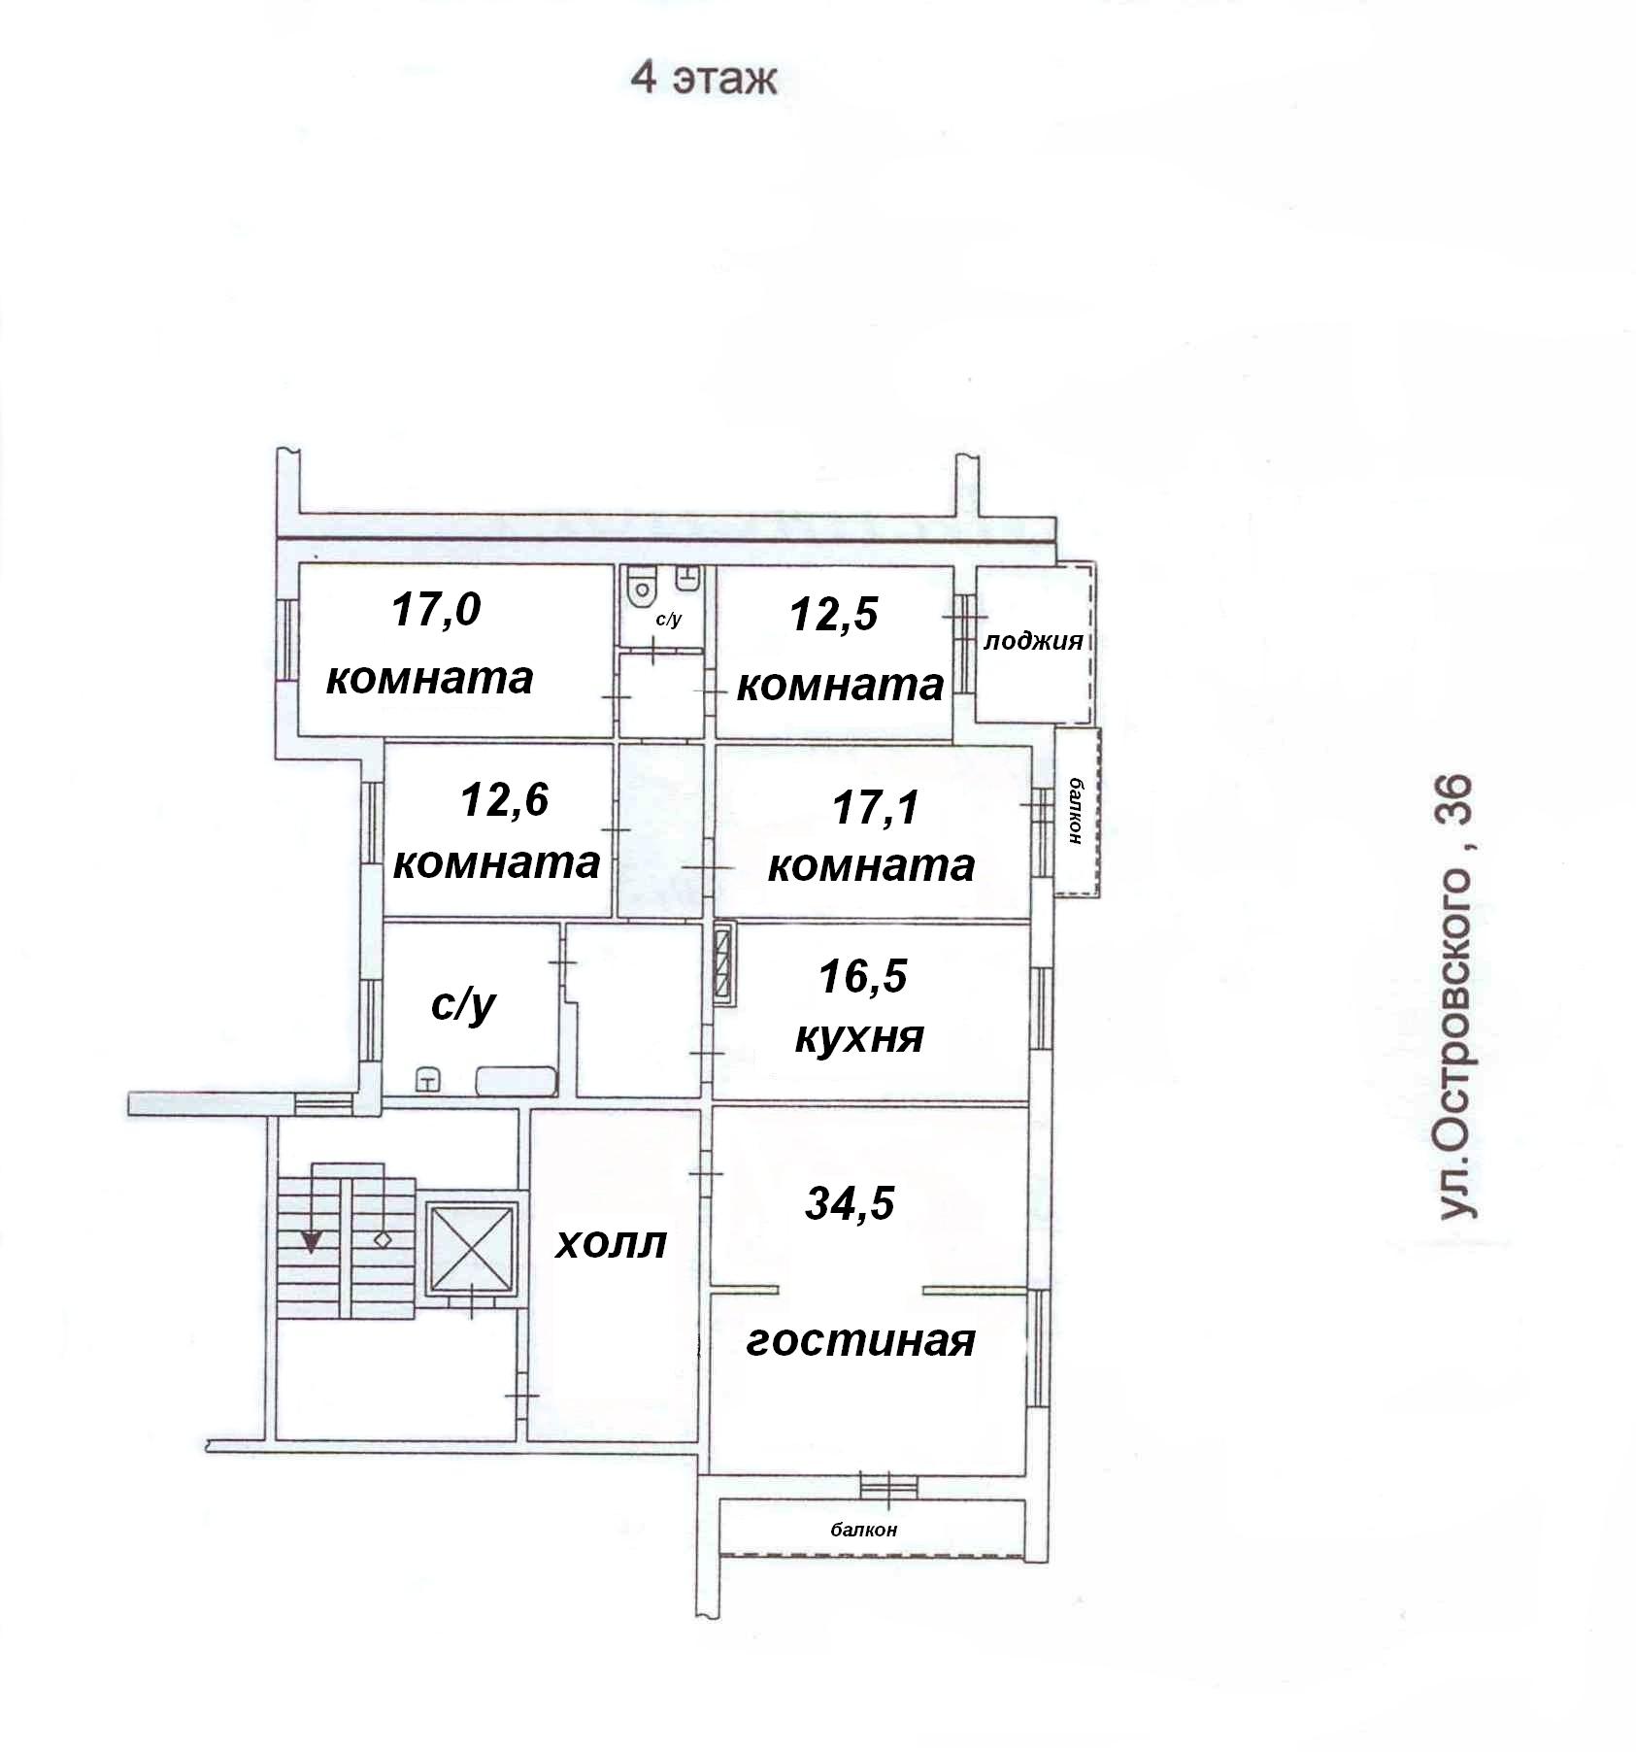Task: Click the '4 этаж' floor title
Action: (x=704, y=78)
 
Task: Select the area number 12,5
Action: (x=834, y=615)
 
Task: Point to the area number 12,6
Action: (x=504, y=800)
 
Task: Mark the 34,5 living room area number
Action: (x=850, y=1204)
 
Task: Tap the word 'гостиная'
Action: (x=860, y=1341)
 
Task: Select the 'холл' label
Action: (x=612, y=1244)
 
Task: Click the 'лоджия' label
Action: (x=1033, y=641)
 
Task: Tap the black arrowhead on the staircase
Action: (x=311, y=1242)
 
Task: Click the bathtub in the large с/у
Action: (x=516, y=1081)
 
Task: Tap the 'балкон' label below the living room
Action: (x=863, y=1530)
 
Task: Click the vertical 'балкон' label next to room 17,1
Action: (x=1075, y=812)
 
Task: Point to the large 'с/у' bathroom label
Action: (x=463, y=1006)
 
